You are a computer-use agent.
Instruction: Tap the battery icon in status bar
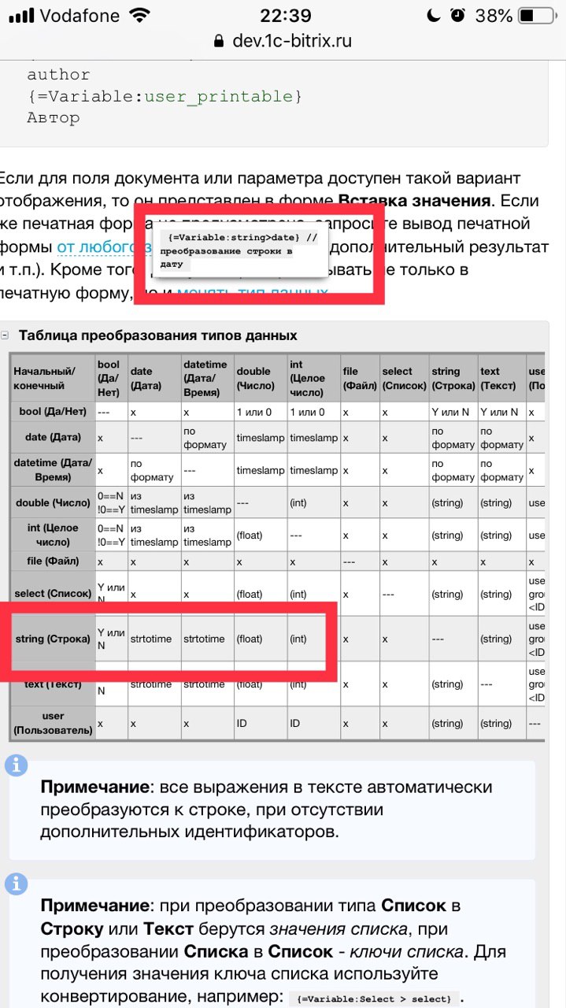538,16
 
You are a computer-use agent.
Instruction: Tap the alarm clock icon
457,16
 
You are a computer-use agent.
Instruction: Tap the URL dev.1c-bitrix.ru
292,41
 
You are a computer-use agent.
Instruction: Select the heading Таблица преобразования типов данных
157,335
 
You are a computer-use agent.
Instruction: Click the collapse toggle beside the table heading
6,335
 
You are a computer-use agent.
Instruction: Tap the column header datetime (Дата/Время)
205,378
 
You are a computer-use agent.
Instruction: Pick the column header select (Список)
403,378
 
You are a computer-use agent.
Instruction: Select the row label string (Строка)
53,639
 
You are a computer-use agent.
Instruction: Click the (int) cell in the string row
298,639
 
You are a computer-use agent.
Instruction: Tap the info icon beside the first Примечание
17,765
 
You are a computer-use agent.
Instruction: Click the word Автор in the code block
54,118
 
